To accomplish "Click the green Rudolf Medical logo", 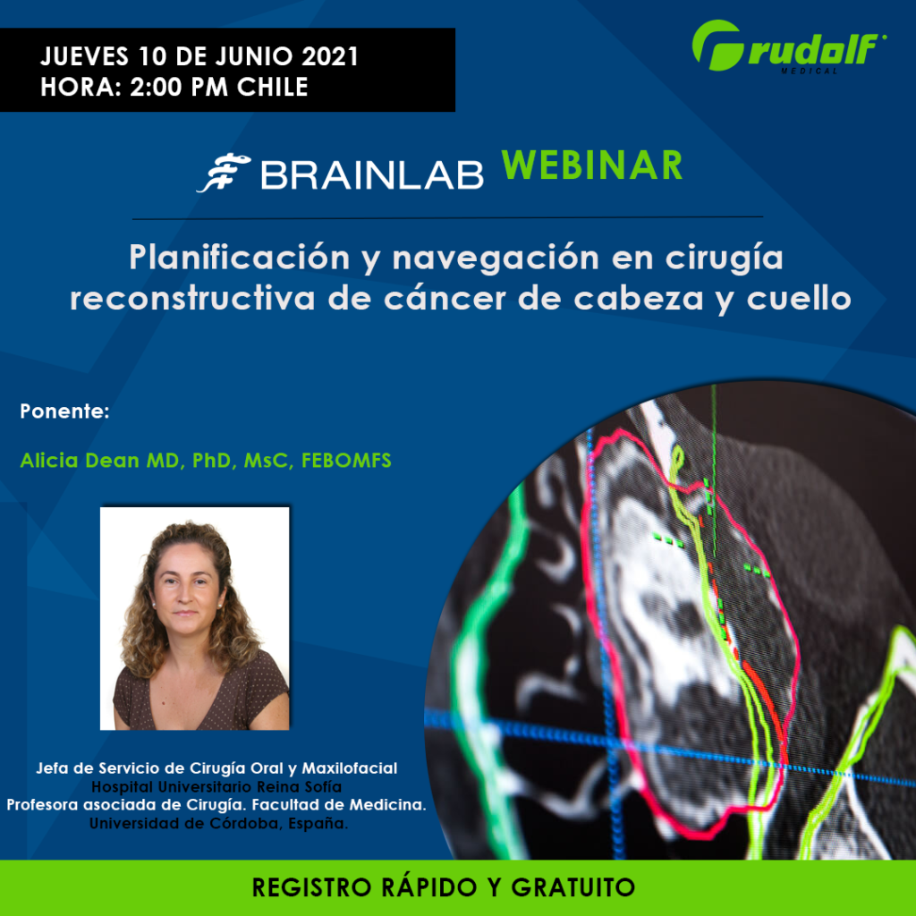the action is point(789,47).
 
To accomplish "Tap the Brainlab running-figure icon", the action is point(224,173).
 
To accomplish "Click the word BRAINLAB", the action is point(372,174).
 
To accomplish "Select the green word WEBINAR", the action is point(592,165).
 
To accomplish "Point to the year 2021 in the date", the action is point(330,56).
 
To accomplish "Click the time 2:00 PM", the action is point(179,87).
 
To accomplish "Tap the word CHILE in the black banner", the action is point(272,87).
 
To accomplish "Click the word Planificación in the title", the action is point(240,258).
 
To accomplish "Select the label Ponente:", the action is point(64,411).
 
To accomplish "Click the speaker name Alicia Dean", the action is point(79,461).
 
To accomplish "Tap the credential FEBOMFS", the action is point(346,461).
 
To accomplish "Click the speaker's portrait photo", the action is point(194,619).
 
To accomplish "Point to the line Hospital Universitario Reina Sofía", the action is point(216,787).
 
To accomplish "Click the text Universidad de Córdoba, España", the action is point(218,824).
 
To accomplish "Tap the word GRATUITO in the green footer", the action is point(573,887).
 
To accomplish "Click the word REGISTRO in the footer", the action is point(312,887).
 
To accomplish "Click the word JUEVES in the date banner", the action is point(85,56).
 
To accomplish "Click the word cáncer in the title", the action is point(445,299).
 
